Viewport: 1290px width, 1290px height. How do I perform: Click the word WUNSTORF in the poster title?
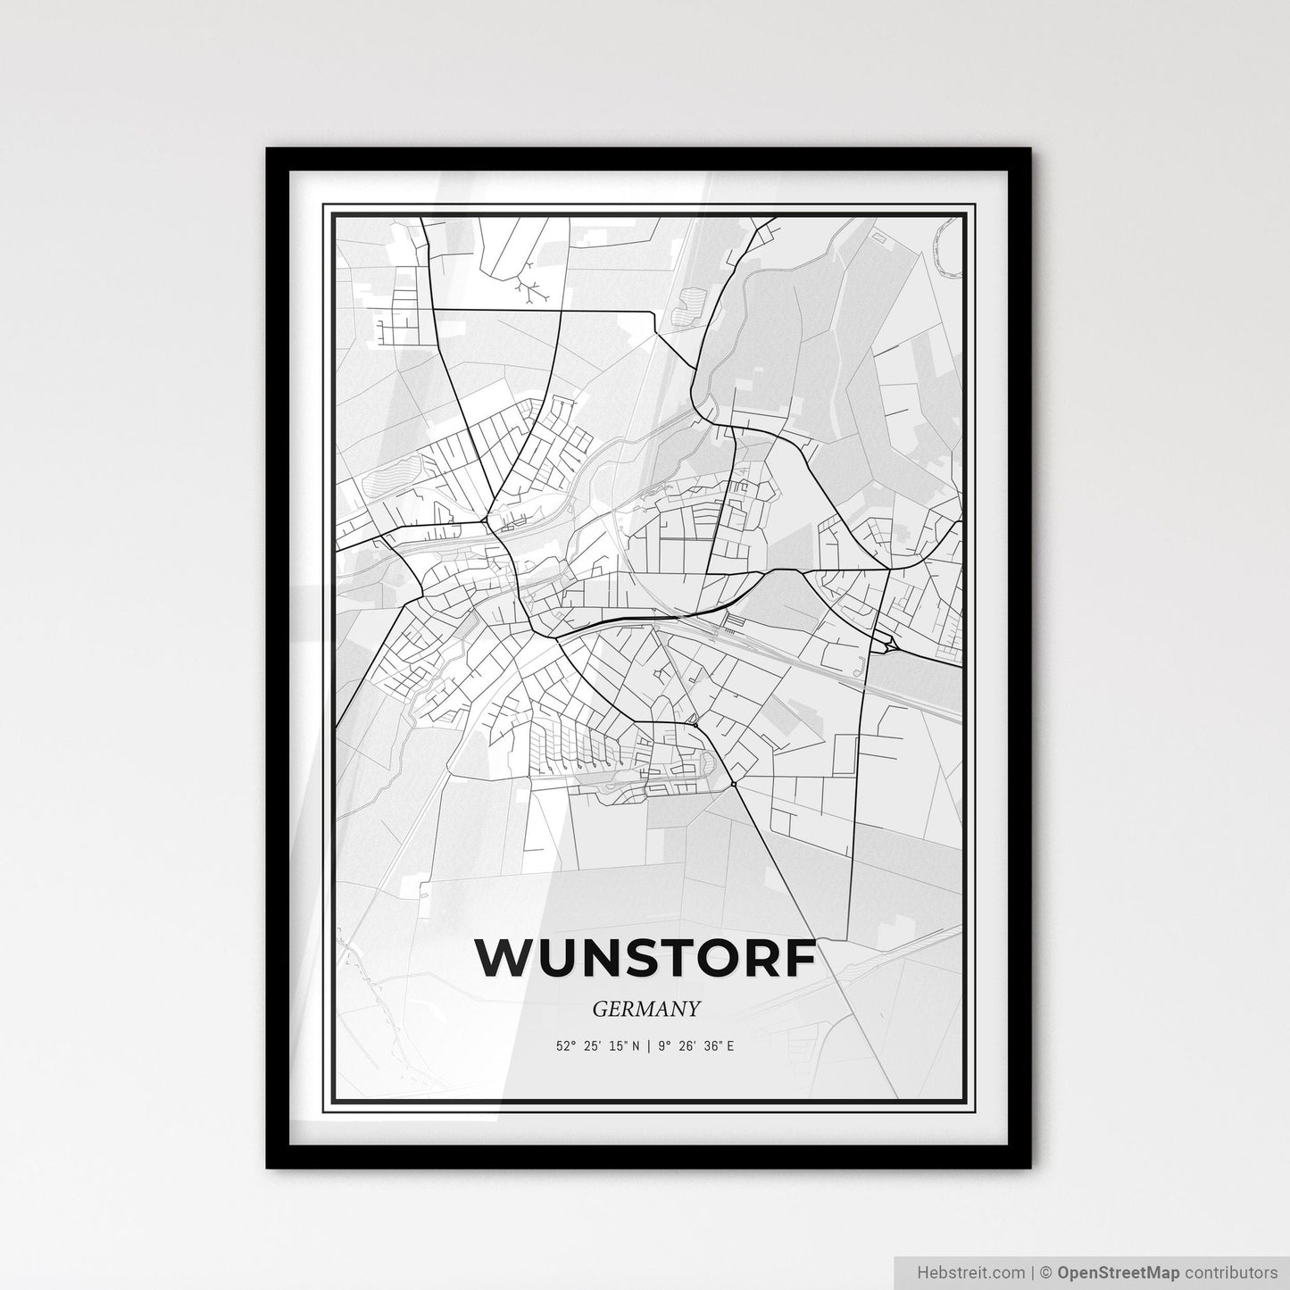click(x=645, y=958)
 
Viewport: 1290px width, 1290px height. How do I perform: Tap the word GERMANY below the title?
click(x=645, y=1010)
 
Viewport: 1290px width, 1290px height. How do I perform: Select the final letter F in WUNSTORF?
click(x=801, y=958)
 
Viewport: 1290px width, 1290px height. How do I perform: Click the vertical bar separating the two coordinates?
click(x=650, y=1045)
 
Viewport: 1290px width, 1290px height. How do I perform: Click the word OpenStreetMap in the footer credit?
click(x=1108, y=1271)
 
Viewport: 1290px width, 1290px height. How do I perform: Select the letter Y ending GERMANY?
click(x=692, y=1010)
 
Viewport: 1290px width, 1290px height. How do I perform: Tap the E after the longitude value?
click(x=730, y=1045)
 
